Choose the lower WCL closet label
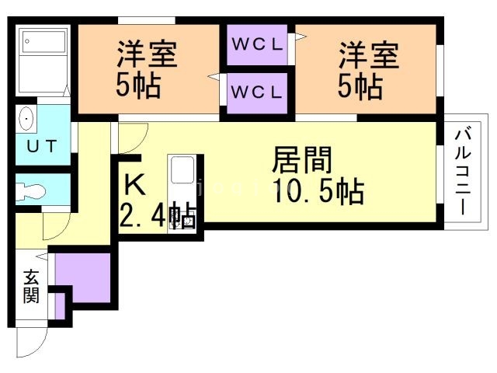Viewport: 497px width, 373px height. pyautogui.click(x=259, y=92)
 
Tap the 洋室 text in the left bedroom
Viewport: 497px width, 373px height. pyautogui.click(x=148, y=54)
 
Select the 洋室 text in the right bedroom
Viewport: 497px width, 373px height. pyautogui.click(x=368, y=55)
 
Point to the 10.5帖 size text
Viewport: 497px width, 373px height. pyautogui.click(x=318, y=191)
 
